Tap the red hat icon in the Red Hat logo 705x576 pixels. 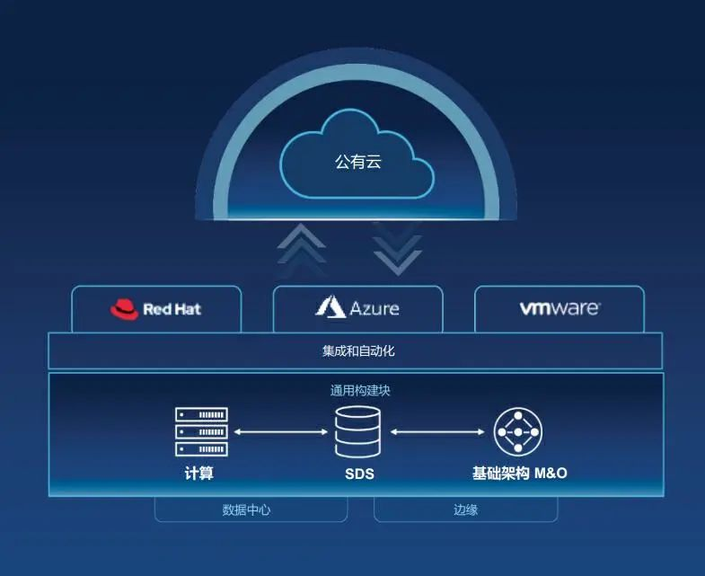tap(124, 310)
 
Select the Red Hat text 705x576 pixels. tap(172, 310)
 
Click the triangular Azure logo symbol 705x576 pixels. tap(330, 307)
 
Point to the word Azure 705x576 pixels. tap(375, 308)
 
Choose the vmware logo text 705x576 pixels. tap(559, 308)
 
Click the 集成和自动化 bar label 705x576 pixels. tap(358, 350)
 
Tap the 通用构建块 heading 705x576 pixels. tap(359, 391)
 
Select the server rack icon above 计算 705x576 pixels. tap(200, 432)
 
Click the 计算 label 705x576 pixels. tap(199, 473)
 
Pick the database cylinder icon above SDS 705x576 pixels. tap(357, 432)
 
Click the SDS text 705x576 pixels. tap(358, 473)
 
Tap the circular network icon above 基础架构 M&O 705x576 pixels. tap(520, 432)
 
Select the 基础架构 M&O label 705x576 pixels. tap(520, 473)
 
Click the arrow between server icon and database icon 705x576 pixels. tap(280, 432)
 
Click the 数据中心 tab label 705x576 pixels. tap(246, 510)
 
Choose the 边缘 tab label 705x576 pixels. tap(466, 510)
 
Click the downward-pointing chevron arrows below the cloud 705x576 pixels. tap(397, 249)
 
